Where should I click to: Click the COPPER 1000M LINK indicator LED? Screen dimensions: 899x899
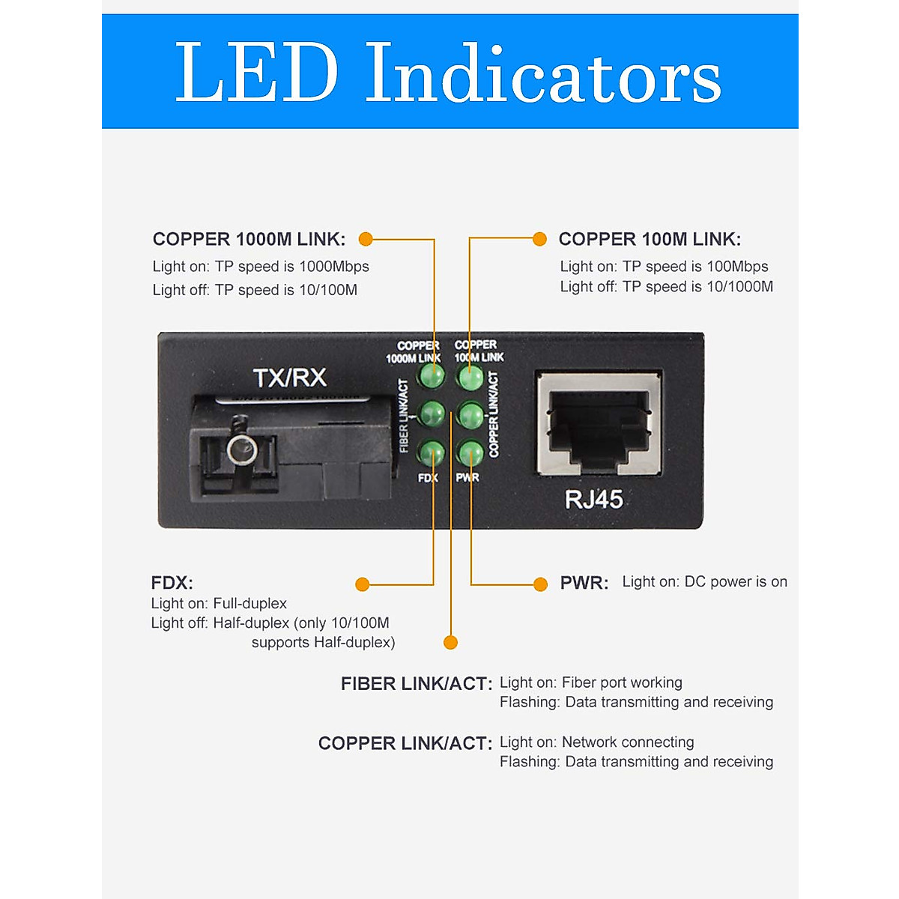point(432,375)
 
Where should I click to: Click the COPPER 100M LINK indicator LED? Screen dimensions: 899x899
point(470,377)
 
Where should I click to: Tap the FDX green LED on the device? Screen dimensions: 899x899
point(432,453)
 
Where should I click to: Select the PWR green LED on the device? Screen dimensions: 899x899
point(470,453)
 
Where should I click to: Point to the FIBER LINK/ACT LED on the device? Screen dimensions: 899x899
point(432,414)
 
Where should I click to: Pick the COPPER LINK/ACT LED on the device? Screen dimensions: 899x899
point(470,414)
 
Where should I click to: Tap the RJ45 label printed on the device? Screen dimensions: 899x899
point(593,500)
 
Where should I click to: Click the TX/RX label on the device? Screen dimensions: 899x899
point(289,378)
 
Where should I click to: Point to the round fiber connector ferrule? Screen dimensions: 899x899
point(242,449)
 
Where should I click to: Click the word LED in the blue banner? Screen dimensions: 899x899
point(256,73)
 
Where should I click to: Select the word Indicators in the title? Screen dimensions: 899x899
point(543,73)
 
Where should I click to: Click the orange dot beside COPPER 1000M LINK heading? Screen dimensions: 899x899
point(366,239)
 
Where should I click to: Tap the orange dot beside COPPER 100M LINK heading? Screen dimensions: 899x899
point(539,239)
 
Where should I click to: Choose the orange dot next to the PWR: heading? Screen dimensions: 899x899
point(540,584)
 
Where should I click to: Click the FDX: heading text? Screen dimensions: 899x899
point(172,583)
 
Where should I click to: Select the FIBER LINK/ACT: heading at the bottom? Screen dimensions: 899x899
point(416,684)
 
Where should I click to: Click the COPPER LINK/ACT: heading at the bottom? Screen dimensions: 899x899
point(405,744)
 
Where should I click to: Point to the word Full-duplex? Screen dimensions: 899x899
point(249,604)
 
